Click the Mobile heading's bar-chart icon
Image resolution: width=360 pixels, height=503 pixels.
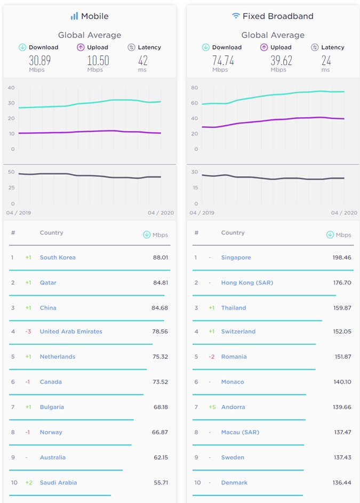click(74, 16)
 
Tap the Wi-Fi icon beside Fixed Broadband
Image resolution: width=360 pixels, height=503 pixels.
click(236, 16)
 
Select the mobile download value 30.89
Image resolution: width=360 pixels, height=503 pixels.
click(40, 60)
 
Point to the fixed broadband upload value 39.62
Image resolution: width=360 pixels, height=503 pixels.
click(281, 60)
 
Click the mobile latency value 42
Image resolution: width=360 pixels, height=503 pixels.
click(143, 60)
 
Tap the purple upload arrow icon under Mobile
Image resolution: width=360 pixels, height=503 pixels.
click(81, 47)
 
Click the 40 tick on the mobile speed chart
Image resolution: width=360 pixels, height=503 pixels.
click(11, 87)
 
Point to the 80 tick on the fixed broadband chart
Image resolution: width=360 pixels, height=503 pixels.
click(195, 87)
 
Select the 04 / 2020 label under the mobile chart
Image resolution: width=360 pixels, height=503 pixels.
click(161, 213)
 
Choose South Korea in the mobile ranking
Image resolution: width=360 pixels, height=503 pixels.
click(58, 257)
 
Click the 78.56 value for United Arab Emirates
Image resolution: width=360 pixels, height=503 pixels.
click(160, 331)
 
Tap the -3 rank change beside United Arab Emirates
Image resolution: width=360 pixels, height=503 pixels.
click(28, 331)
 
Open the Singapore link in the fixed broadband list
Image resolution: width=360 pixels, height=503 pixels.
click(236, 257)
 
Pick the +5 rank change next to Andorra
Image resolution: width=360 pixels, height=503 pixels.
click(212, 407)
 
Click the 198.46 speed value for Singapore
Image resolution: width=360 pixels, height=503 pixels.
click(342, 257)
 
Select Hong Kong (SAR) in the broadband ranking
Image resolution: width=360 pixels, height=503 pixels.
click(247, 282)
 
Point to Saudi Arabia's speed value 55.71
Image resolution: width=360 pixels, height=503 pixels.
click(161, 482)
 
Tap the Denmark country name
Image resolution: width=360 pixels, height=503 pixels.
click(235, 482)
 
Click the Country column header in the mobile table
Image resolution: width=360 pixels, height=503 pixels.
click(51, 232)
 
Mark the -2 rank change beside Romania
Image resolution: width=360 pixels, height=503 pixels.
click(212, 356)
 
